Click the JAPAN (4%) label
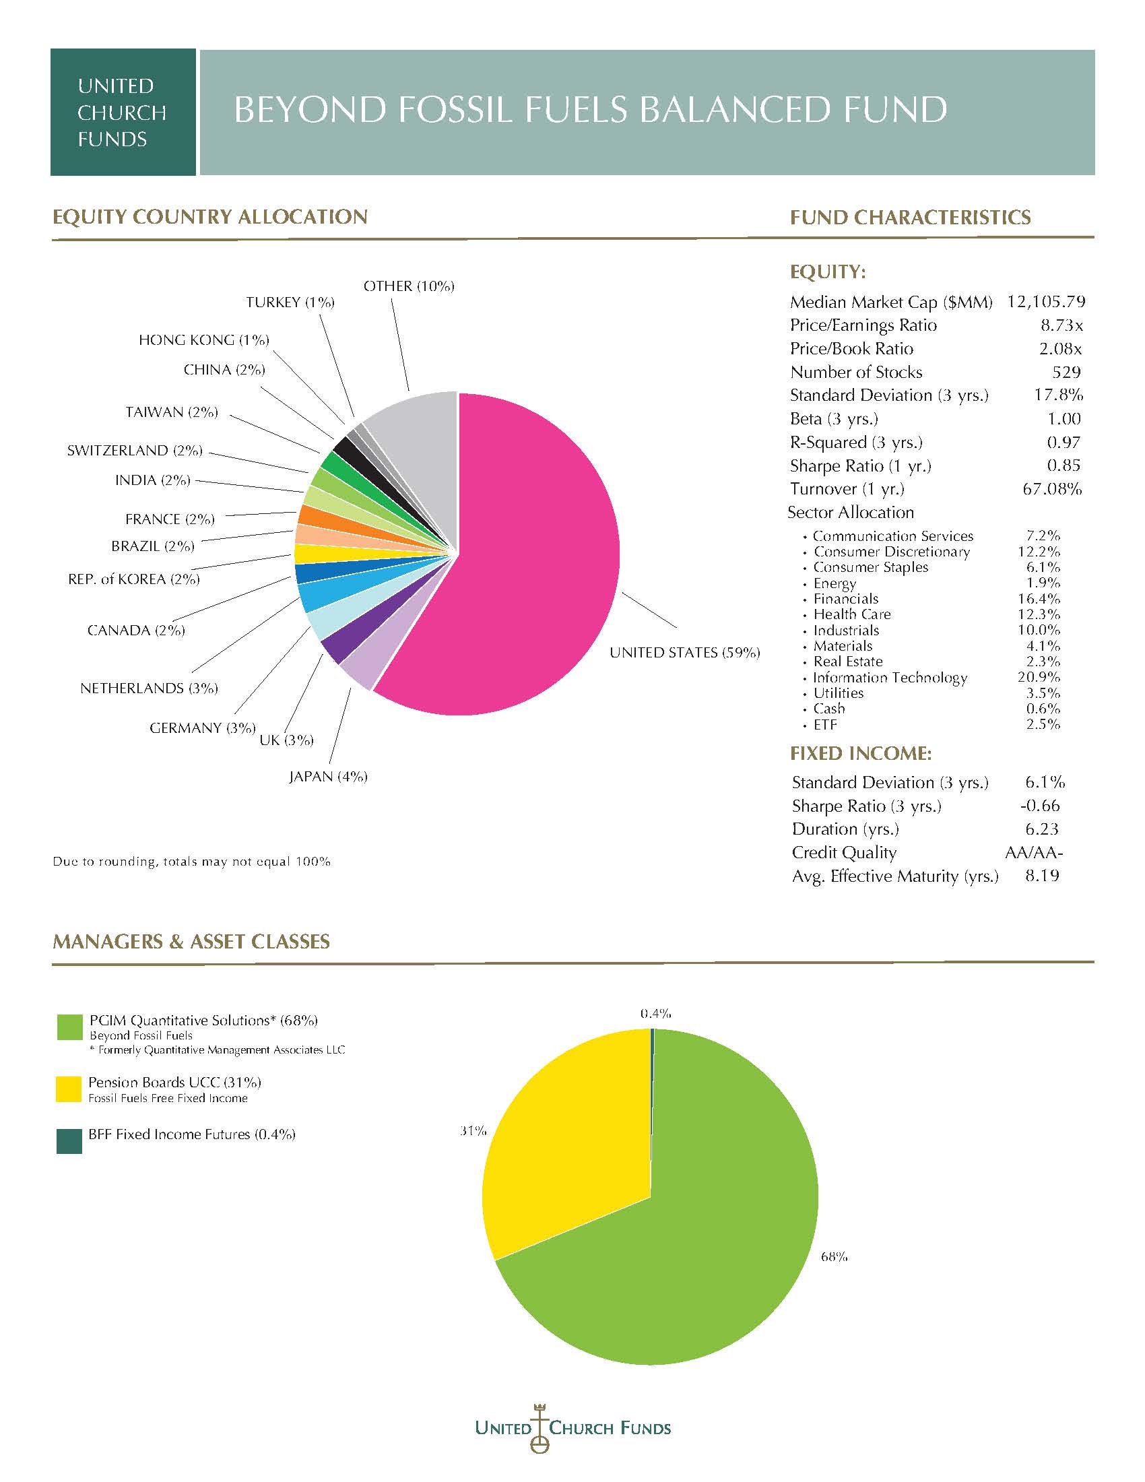pos(328,776)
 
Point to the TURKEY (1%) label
pos(290,302)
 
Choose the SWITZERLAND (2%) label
pos(135,451)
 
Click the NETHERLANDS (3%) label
pos(150,688)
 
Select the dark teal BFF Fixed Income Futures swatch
pos(69,1140)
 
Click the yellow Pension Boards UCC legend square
pos(69,1089)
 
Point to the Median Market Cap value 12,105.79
pos(1046,301)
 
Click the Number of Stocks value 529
pos(1067,372)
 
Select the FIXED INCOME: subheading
pos(861,753)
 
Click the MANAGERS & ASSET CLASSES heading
pos(191,941)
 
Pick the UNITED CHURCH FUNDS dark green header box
pos(123,112)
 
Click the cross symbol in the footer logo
pos(540,1429)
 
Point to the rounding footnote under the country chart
pos(192,862)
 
